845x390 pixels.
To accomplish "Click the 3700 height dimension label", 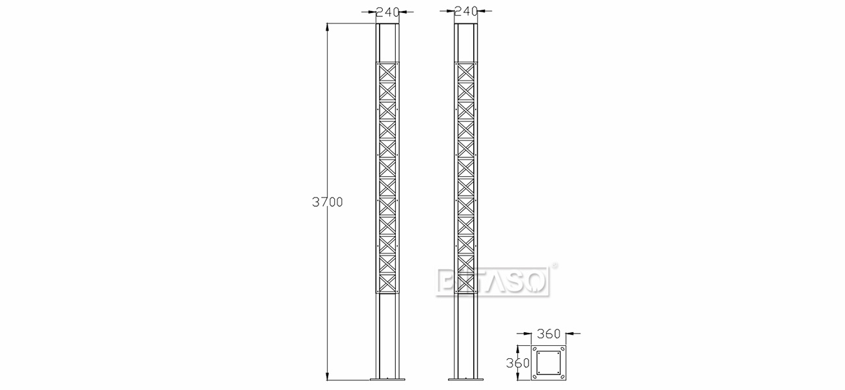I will (327, 202).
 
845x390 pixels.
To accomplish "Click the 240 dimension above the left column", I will (387, 11).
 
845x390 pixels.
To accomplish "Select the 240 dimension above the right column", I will (466, 11).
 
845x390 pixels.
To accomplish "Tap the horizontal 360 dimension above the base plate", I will (549, 334).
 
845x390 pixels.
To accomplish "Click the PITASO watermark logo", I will (494, 281).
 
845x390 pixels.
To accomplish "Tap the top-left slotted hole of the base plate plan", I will (535, 349).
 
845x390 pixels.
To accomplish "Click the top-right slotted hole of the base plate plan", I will (563, 349).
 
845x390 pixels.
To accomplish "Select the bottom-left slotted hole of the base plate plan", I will (535, 377).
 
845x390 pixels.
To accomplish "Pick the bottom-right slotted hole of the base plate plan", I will (563, 377).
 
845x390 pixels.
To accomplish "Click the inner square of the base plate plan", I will (549, 363).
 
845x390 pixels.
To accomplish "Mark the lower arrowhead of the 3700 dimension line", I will (327, 376).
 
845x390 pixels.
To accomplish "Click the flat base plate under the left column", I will (387, 379).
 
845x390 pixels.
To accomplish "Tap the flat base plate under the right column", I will (466, 379).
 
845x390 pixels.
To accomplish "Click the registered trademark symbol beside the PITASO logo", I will (554, 265).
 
